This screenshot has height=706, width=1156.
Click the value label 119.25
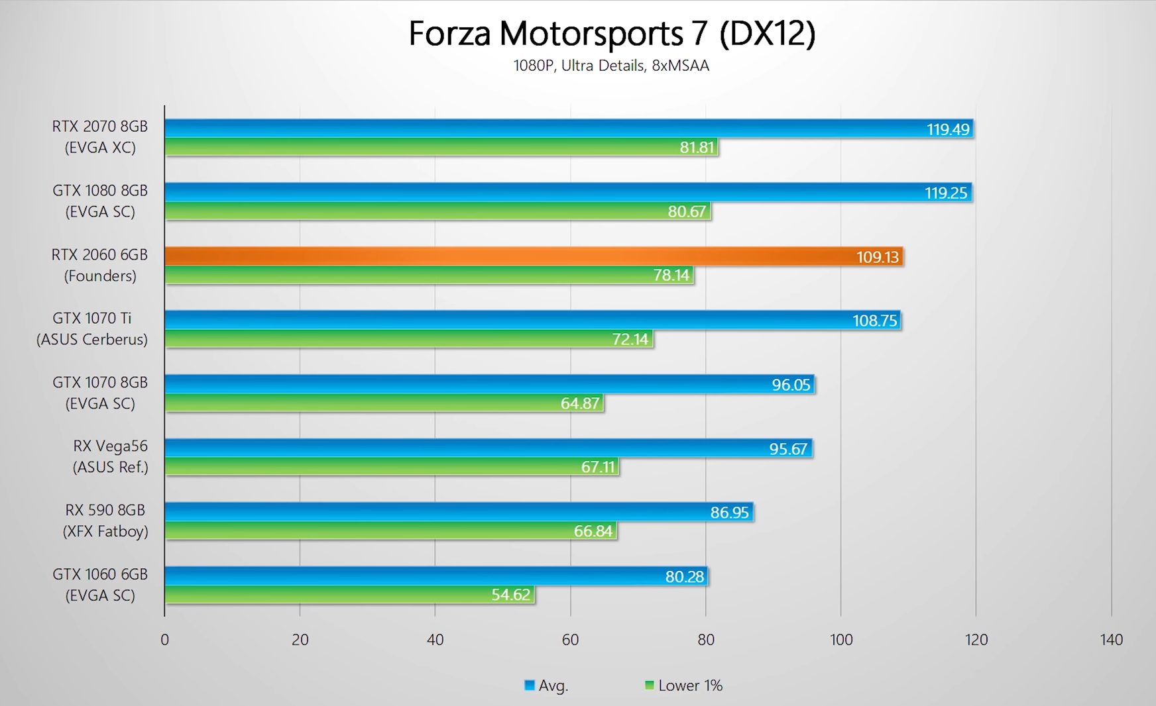(946, 193)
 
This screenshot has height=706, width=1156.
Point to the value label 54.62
(510, 595)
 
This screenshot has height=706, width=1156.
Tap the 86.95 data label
(729, 513)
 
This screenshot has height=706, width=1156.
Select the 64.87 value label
(580, 403)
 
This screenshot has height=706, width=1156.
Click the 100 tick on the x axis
(840, 640)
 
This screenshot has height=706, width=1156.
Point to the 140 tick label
(1111, 640)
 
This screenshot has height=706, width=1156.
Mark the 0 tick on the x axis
(164, 640)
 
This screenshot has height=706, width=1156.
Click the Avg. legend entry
(547, 685)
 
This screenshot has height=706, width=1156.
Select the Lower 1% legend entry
(684, 685)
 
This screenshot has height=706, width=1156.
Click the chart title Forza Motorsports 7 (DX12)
(611, 33)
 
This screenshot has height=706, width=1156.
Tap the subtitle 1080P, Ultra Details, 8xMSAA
(611, 66)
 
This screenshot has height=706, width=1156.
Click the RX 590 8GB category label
(105, 521)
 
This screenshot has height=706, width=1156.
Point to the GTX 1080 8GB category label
(100, 201)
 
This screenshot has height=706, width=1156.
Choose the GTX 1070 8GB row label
(100, 393)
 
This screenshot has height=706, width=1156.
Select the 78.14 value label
(671, 275)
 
